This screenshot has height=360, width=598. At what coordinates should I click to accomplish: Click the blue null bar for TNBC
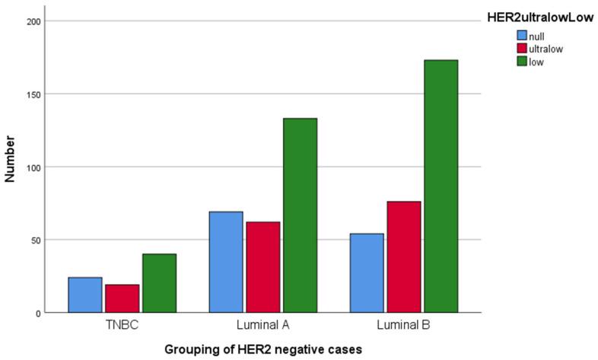pos(84,295)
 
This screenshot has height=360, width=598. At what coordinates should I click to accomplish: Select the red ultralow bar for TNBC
pos(122,298)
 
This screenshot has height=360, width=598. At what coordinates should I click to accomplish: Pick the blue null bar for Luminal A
pos(225,263)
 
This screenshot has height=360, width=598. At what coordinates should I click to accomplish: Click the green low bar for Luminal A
pos(299,215)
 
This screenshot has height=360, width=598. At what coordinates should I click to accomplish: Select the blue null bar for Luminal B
pos(366,273)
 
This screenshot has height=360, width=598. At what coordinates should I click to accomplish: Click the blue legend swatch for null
pos(523,35)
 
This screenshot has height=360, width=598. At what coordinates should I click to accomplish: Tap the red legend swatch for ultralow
pos(523,49)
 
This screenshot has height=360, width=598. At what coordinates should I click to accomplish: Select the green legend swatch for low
pos(523,62)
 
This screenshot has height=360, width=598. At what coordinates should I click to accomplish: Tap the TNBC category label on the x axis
pos(122,326)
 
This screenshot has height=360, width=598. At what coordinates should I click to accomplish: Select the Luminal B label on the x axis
pos(402,326)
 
